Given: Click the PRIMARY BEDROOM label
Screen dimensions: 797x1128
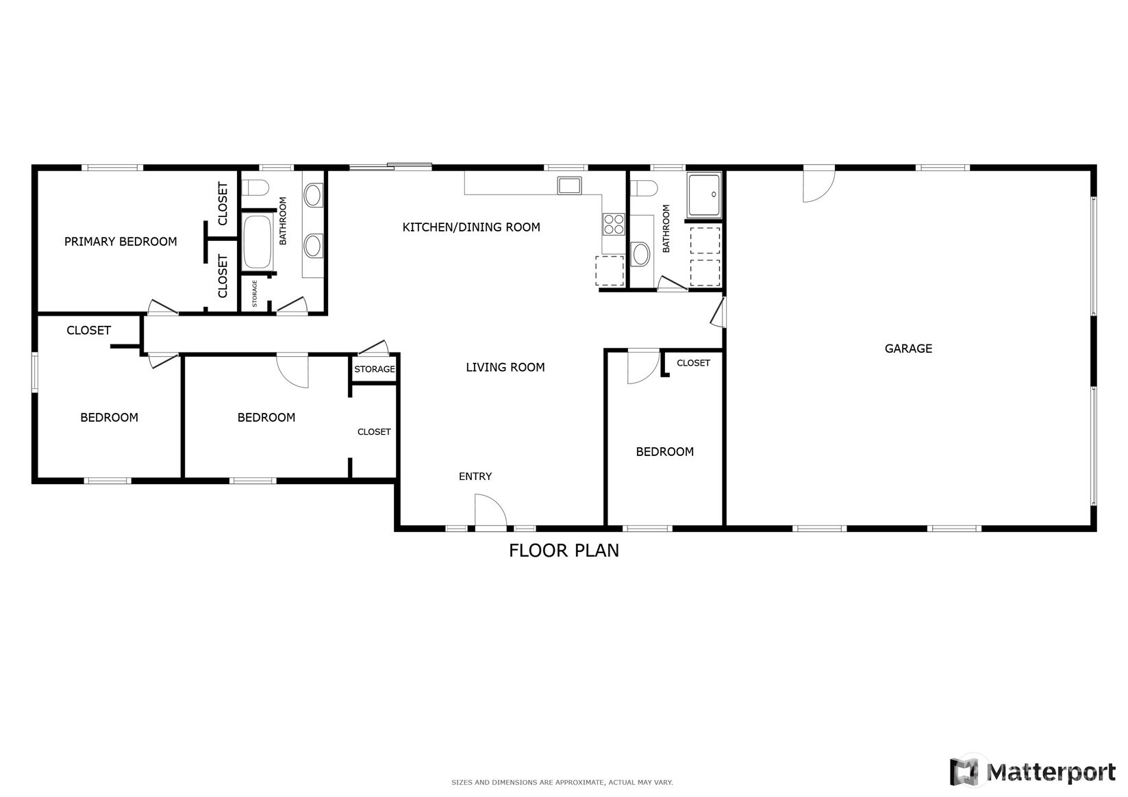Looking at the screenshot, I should click(x=121, y=242).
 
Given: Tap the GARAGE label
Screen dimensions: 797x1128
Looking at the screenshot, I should click(x=908, y=349).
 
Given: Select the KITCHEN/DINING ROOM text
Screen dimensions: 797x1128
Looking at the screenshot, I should click(x=471, y=227).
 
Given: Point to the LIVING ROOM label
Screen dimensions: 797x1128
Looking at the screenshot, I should click(x=505, y=368).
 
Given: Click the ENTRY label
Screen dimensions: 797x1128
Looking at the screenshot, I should click(x=475, y=477).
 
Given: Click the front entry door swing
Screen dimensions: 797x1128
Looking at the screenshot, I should click(x=490, y=513).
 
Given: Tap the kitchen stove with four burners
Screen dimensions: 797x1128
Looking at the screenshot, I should click(x=614, y=224).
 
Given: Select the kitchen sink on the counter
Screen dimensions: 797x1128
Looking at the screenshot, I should click(x=569, y=185).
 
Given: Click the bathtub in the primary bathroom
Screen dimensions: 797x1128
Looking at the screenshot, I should click(x=258, y=242).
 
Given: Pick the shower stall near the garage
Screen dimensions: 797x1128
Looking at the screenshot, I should click(x=704, y=195).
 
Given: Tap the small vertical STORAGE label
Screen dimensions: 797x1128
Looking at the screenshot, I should click(x=255, y=293).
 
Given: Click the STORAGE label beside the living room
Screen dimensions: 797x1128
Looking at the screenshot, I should click(x=375, y=369).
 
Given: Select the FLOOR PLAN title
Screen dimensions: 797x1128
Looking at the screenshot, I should click(x=564, y=551).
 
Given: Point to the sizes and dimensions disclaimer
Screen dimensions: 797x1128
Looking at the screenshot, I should click(x=562, y=782).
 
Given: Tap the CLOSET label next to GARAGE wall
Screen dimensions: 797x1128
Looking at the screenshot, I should click(x=693, y=363).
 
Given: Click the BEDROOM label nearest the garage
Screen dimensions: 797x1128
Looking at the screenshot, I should click(x=664, y=452).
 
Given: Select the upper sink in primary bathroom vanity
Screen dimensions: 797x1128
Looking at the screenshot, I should click(x=314, y=195).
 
